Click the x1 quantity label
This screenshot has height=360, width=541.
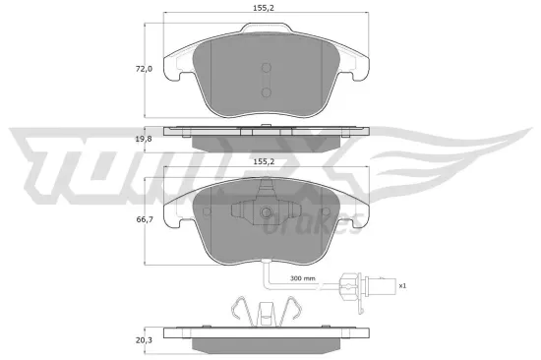pos(401,285)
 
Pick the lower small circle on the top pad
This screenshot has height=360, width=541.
pos(267,91)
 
